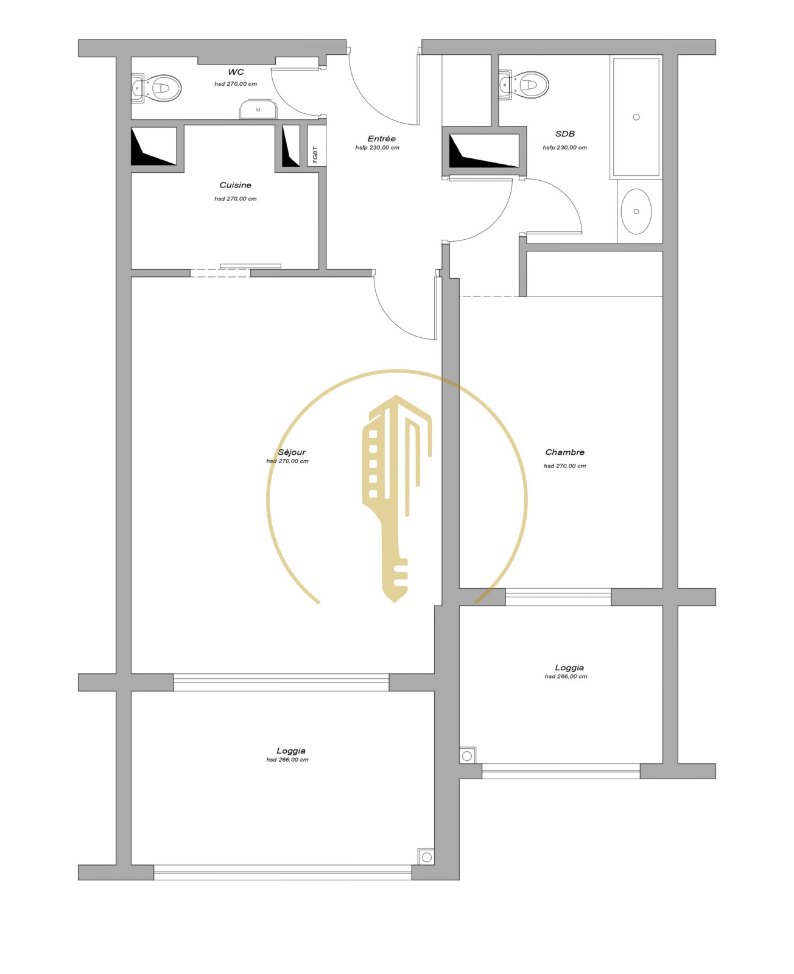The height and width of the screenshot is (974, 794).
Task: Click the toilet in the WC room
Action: click(x=156, y=88)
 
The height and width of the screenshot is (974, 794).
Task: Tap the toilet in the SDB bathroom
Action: click(x=524, y=85)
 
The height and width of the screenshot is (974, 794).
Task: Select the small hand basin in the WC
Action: click(x=258, y=110)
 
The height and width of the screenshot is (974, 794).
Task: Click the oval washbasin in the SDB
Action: click(x=636, y=211)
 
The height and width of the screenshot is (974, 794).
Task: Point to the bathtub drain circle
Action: click(x=636, y=117)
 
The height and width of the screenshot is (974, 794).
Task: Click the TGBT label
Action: click(x=315, y=155)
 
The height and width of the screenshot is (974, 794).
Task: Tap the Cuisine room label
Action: click(x=236, y=185)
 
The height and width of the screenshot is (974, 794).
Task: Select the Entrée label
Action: click(x=381, y=139)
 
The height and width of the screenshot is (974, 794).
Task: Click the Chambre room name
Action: click(x=565, y=452)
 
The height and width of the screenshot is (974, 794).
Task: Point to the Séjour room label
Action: click(x=292, y=452)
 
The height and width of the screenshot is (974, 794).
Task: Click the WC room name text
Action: click(x=236, y=72)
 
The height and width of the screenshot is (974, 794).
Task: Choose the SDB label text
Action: click(x=565, y=134)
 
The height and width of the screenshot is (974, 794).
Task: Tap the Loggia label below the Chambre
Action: click(x=569, y=668)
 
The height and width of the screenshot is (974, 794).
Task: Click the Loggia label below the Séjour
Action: click(x=291, y=751)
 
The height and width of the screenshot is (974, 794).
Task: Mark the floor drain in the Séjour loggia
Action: click(x=427, y=857)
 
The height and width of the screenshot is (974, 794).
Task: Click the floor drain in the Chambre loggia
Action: click(x=467, y=756)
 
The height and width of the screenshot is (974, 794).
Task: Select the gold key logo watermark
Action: click(x=396, y=499)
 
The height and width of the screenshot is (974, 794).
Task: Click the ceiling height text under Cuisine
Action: click(x=236, y=199)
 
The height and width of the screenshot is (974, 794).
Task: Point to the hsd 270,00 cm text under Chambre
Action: click(x=565, y=466)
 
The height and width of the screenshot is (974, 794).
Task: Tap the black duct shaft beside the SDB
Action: click(x=484, y=151)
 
